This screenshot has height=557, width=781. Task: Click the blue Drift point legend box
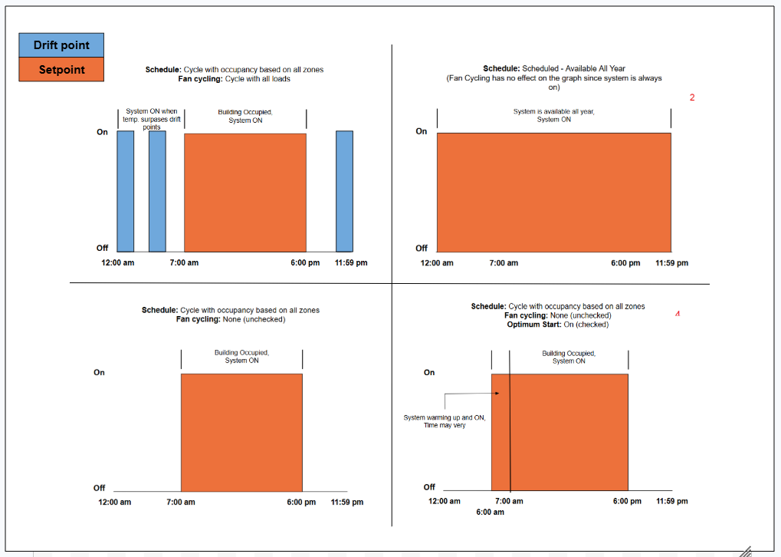[61, 44]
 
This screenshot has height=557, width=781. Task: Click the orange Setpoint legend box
[61, 69]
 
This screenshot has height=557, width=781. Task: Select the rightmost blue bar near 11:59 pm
[344, 192]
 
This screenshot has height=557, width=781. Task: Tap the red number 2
[692, 97]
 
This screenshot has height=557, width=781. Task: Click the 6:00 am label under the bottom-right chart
[490, 513]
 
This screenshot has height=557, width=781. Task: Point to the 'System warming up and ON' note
[445, 421]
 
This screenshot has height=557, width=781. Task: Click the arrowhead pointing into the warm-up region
[497, 393]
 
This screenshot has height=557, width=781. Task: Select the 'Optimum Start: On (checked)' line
[558, 325]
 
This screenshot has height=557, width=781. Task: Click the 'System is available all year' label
[554, 115]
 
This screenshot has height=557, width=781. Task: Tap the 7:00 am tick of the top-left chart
[184, 262]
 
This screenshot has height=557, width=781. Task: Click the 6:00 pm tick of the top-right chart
[625, 263]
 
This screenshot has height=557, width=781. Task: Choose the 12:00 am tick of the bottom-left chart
[114, 503]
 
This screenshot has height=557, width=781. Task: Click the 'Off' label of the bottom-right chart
[429, 486]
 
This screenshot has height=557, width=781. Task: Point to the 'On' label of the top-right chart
[422, 131]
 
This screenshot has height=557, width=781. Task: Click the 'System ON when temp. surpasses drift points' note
[152, 119]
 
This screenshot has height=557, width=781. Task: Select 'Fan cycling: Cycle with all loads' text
[234, 79]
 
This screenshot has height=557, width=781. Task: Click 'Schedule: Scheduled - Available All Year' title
[554, 68]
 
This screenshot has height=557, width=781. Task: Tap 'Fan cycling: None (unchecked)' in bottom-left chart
[231, 319]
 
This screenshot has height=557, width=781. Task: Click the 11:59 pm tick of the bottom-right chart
[672, 501]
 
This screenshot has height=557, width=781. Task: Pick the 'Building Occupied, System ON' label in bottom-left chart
[241, 357]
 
